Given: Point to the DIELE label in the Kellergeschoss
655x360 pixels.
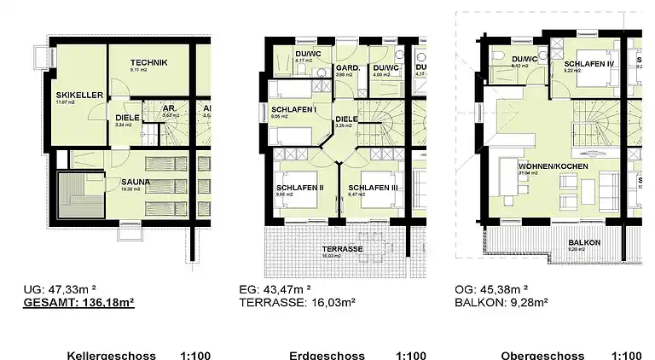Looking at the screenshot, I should click(x=127, y=119).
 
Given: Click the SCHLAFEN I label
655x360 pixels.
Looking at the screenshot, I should click(x=294, y=109).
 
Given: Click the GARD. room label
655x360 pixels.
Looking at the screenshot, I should click(x=345, y=67).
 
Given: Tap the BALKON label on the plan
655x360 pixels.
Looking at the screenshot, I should click(x=585, y=242).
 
